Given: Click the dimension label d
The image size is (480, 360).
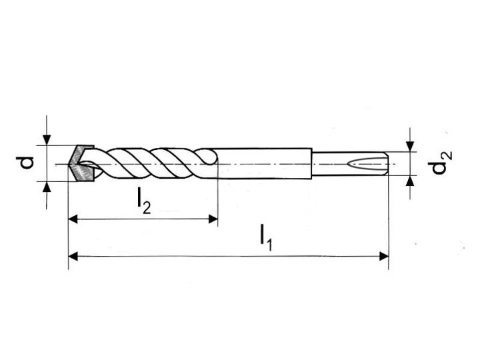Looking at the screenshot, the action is (x=26, y=163).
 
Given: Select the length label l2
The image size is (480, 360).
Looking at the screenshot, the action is (x=143, y=201).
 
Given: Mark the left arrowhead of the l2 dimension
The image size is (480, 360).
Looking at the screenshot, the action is (x=73, y=219).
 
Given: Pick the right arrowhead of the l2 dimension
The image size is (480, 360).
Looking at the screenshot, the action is (x=213, y=219).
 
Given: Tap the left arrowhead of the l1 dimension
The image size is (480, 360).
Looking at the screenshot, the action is (x=73, y=256).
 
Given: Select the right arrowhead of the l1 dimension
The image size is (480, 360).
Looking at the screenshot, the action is (x=384, y=256).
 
